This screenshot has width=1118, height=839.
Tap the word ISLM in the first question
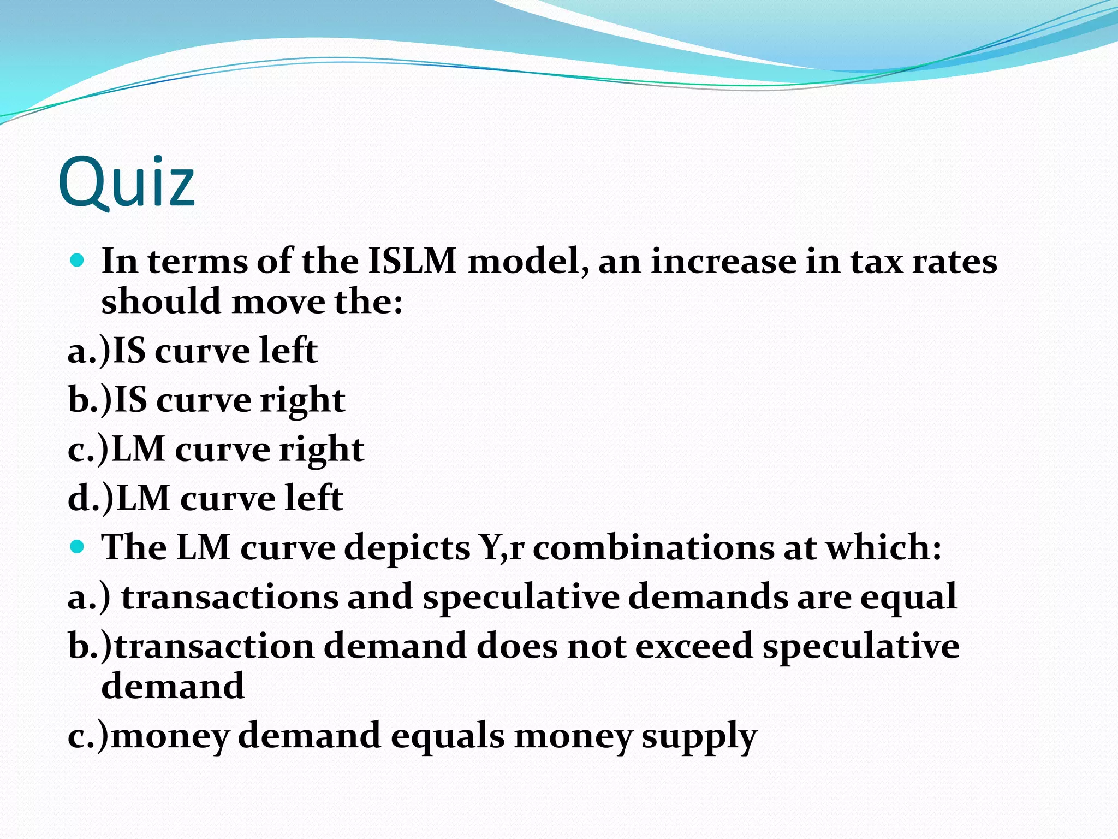coord(412,261)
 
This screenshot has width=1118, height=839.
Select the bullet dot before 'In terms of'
coord(78,260)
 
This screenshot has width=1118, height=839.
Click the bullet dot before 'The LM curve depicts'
coord(78,546)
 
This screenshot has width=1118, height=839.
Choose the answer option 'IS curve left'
coord(192,351)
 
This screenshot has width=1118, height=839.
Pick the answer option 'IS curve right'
coord(206,400)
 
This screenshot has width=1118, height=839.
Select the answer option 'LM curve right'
coord(216,450)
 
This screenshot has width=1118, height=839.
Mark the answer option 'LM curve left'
coord(205,499)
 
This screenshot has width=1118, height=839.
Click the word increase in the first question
coord(723,261)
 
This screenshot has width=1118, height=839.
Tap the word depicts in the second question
coord(407,547)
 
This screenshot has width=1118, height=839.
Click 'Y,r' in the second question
coord(501,547)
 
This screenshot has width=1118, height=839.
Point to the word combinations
coord(653,547)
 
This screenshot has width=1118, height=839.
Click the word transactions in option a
coord(229,596)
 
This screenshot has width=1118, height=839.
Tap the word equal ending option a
coord(908,598)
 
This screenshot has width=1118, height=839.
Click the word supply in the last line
coord(699,736)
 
